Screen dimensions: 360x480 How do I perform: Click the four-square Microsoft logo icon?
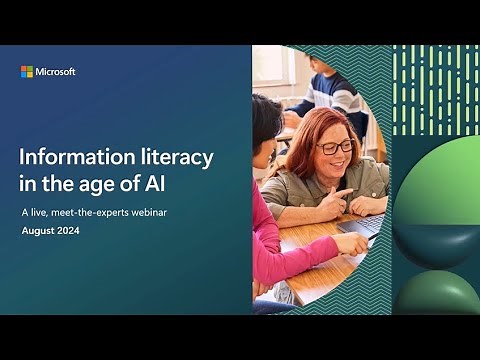[27, 72]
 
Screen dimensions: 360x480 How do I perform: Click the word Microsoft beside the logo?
[56, 72]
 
